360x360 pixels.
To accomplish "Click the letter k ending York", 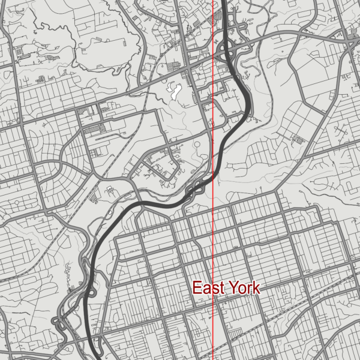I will [256, 288].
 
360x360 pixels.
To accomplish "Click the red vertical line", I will [214, 240].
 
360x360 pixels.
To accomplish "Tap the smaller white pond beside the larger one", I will [180, 84].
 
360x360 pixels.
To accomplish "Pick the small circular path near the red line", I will [196, 144].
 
